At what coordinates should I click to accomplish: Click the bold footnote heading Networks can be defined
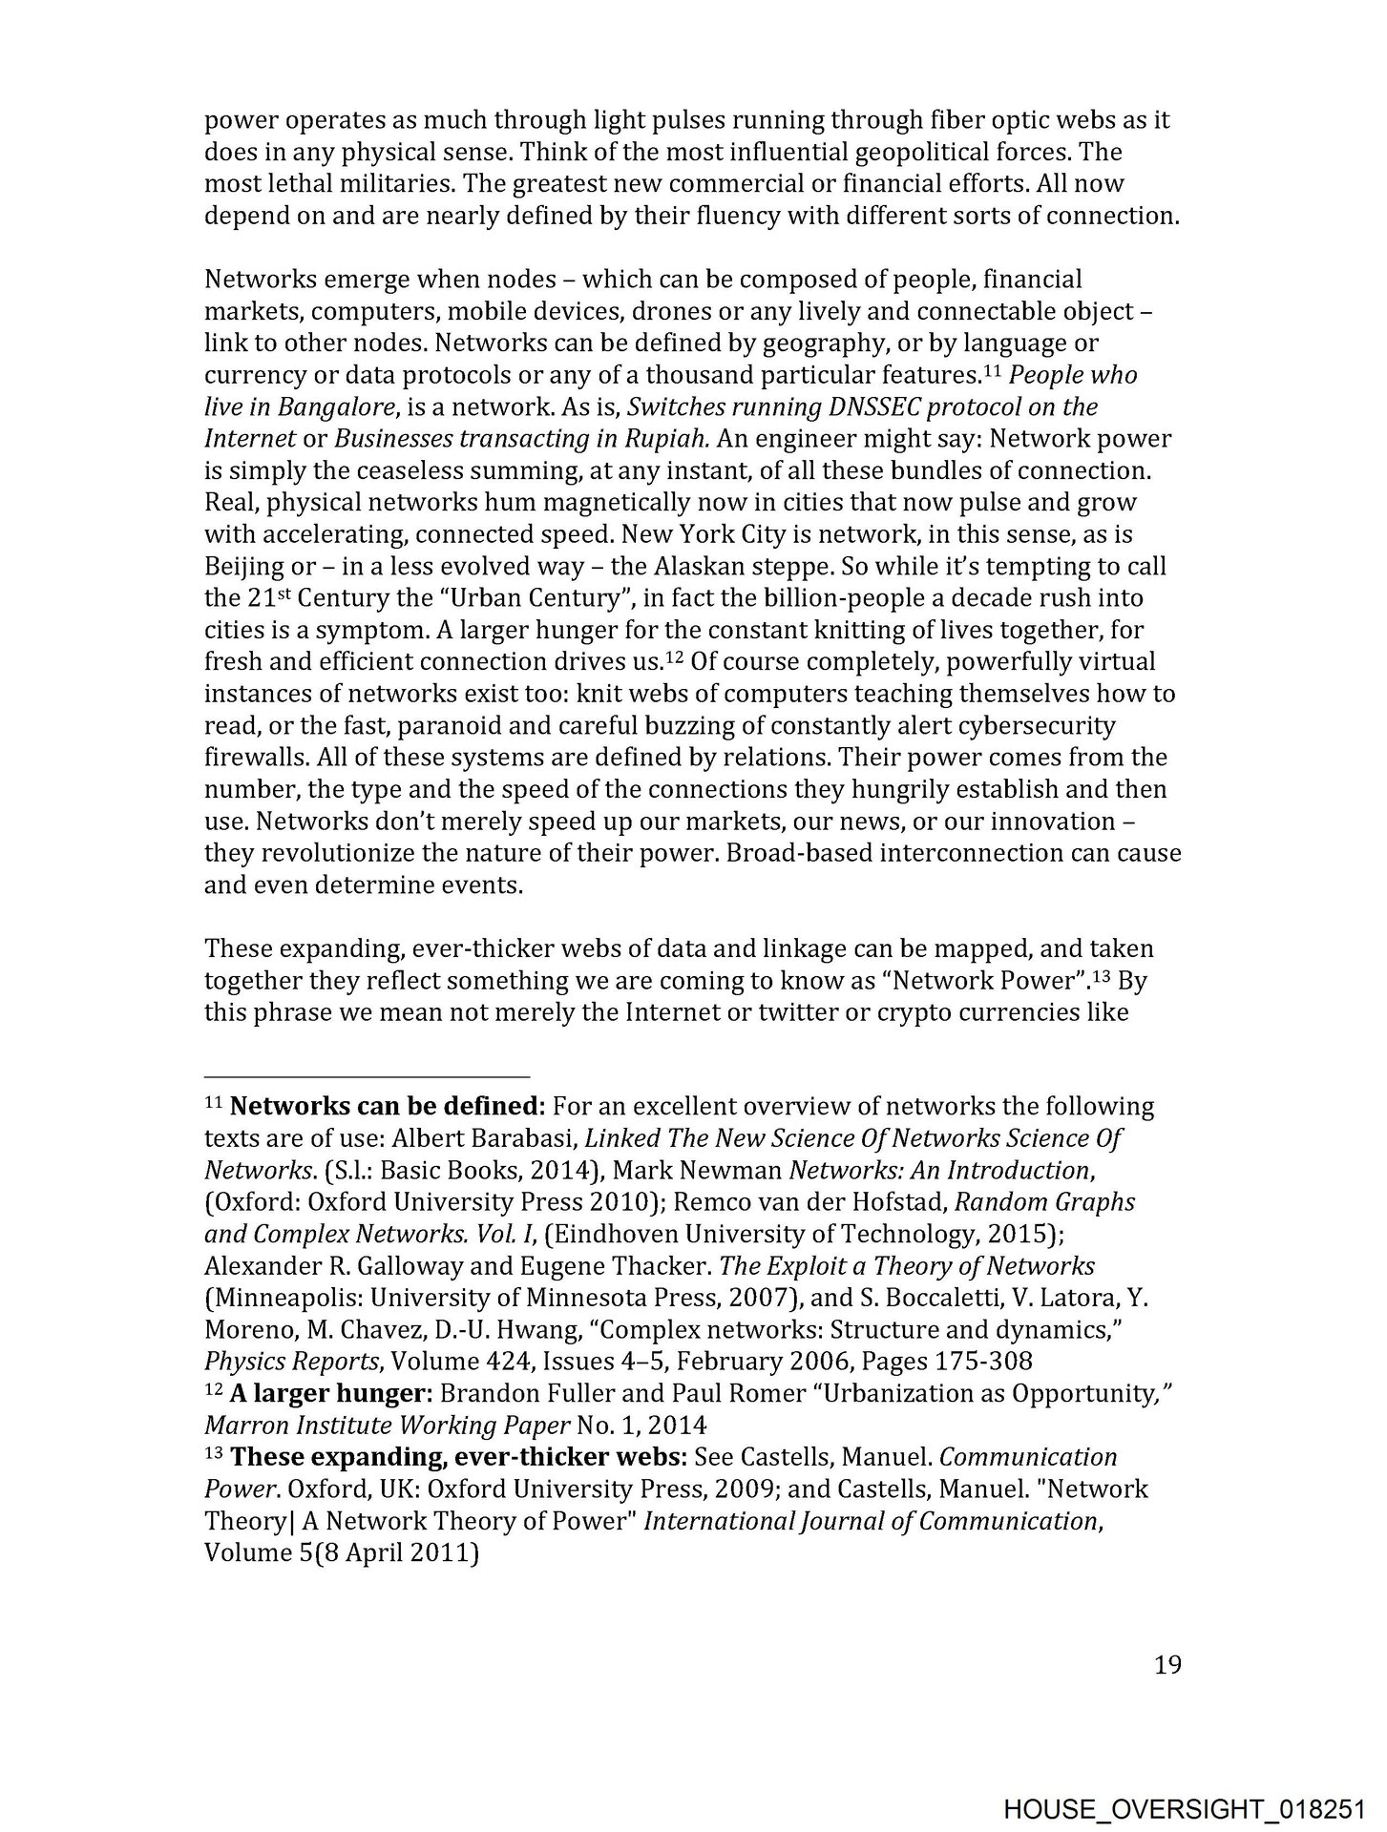pyautogui.click(x=387, y=1107)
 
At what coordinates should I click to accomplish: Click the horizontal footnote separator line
pyautogui.click(x=368, y=1072)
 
